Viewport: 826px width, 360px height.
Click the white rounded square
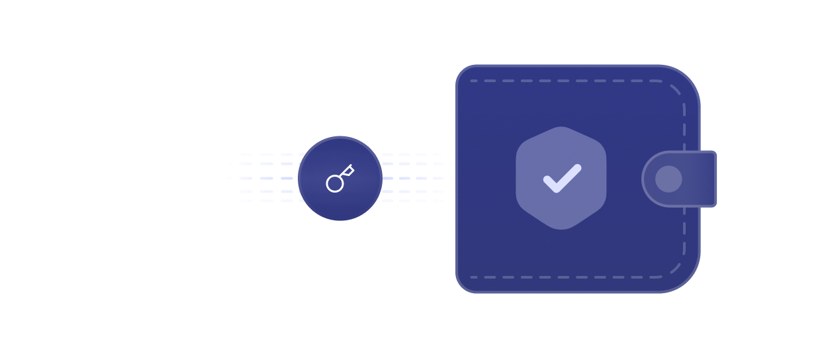coord(167,178)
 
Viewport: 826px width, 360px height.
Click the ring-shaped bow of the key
coord(335,183)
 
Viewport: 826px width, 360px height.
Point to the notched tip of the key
coord(349,169)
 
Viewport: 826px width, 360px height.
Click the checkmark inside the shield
coord(562,179)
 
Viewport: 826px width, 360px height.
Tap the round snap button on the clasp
coord(668,179)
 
